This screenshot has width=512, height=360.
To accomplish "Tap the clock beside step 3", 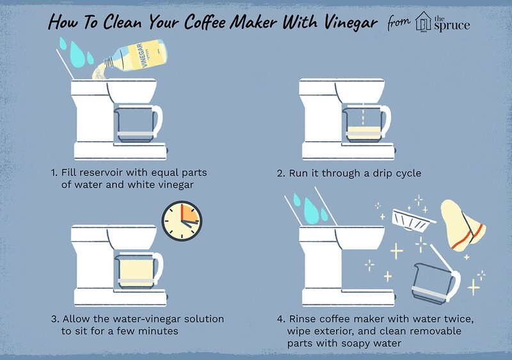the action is (x=182, y=221).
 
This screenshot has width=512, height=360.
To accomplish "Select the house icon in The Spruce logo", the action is (x=424, y=22).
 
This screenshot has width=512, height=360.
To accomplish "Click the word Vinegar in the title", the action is (x=351, y=22).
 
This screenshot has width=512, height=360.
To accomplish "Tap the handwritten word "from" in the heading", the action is (x=399, y=23).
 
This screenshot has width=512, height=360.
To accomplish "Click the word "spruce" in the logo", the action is (x=452, y=26).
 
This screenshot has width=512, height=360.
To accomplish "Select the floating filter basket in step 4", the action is (x=412, y=221).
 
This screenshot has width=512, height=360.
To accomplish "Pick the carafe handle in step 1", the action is (x=158, y=120).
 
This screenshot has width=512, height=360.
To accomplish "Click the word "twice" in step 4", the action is (x=458, y=319).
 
